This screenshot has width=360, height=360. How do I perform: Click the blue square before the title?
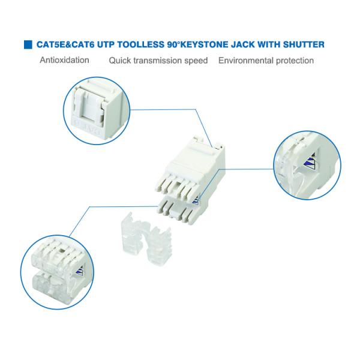point(28,44)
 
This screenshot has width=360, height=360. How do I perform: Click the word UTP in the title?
point(104,44)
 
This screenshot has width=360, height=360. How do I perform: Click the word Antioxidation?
point(65,61)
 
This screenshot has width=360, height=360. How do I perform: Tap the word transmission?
point(160,61)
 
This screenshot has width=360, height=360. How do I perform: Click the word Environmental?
point(246,61)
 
